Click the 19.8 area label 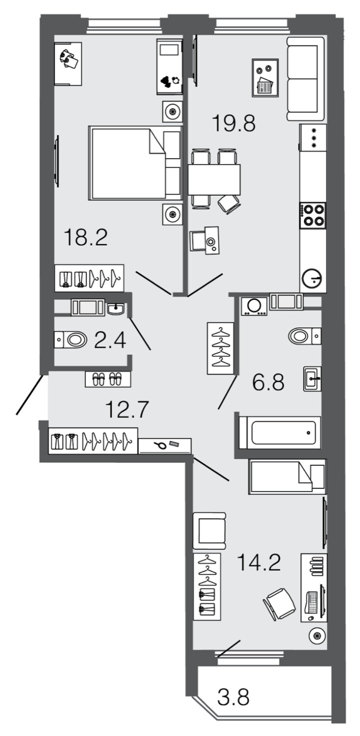233,123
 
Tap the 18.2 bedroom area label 86,237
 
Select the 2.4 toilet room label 110,339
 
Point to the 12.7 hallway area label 127,409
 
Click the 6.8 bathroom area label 268,382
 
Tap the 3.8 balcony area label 233,696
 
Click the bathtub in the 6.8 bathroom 279,433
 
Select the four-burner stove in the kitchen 312,215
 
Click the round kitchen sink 312,280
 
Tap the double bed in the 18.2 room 135,163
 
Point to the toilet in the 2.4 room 70,339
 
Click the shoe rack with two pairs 107,379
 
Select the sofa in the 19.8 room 306,79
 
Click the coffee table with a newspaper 265,78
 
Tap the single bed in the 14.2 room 287,476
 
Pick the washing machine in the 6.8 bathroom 254,306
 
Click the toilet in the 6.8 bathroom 304,336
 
